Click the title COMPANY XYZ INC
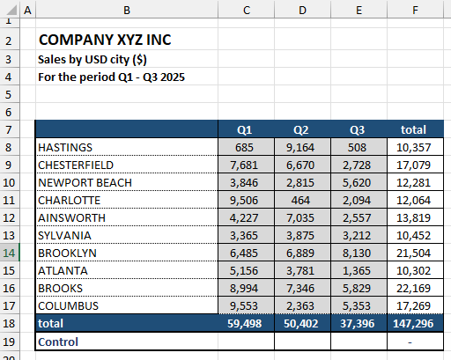pyautogui.click(x=106, y=40)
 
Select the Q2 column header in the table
pyautogui.click(x=302, y=129)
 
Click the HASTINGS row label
pyautogui.click(x=65, y=147)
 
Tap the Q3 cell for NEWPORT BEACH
pyautogui.click(x=359, y=182)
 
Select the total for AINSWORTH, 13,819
pyautogui.click(x=415, y=217)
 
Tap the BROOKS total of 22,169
pyautogui.click(x=415, y=288)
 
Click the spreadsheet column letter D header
pyautogui.click(x=302, y=10)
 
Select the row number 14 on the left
pyautogui.click(x=10, y=253)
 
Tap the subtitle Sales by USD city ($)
pyautogui.click(x=92, y=59)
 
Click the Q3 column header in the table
pyautogui.click(x=359, y=129)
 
